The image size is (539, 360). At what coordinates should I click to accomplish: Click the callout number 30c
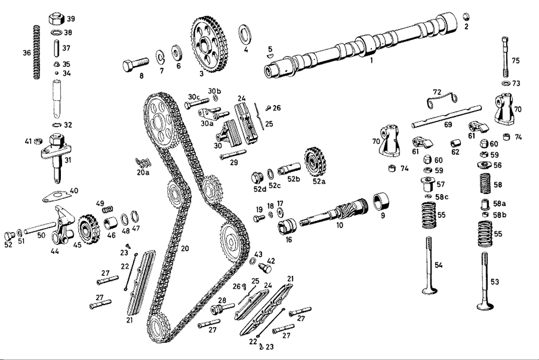pos(194,96)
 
